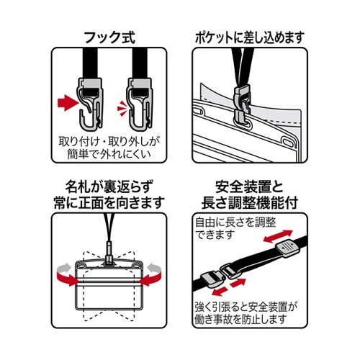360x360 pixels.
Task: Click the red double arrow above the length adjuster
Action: [275, 236]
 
